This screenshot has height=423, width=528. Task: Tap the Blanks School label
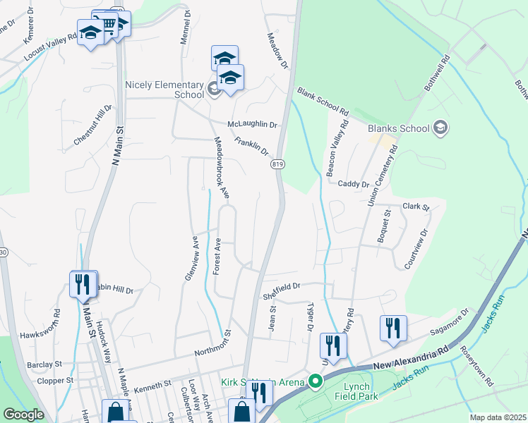[398, 128]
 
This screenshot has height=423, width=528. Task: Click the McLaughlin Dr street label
[253, 125]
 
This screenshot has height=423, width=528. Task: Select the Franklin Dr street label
[252, 147]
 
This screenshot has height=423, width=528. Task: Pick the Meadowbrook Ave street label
[222, 168]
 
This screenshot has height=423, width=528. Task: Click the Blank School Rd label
[323, 102]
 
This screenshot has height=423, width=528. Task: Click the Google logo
[23, 415]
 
